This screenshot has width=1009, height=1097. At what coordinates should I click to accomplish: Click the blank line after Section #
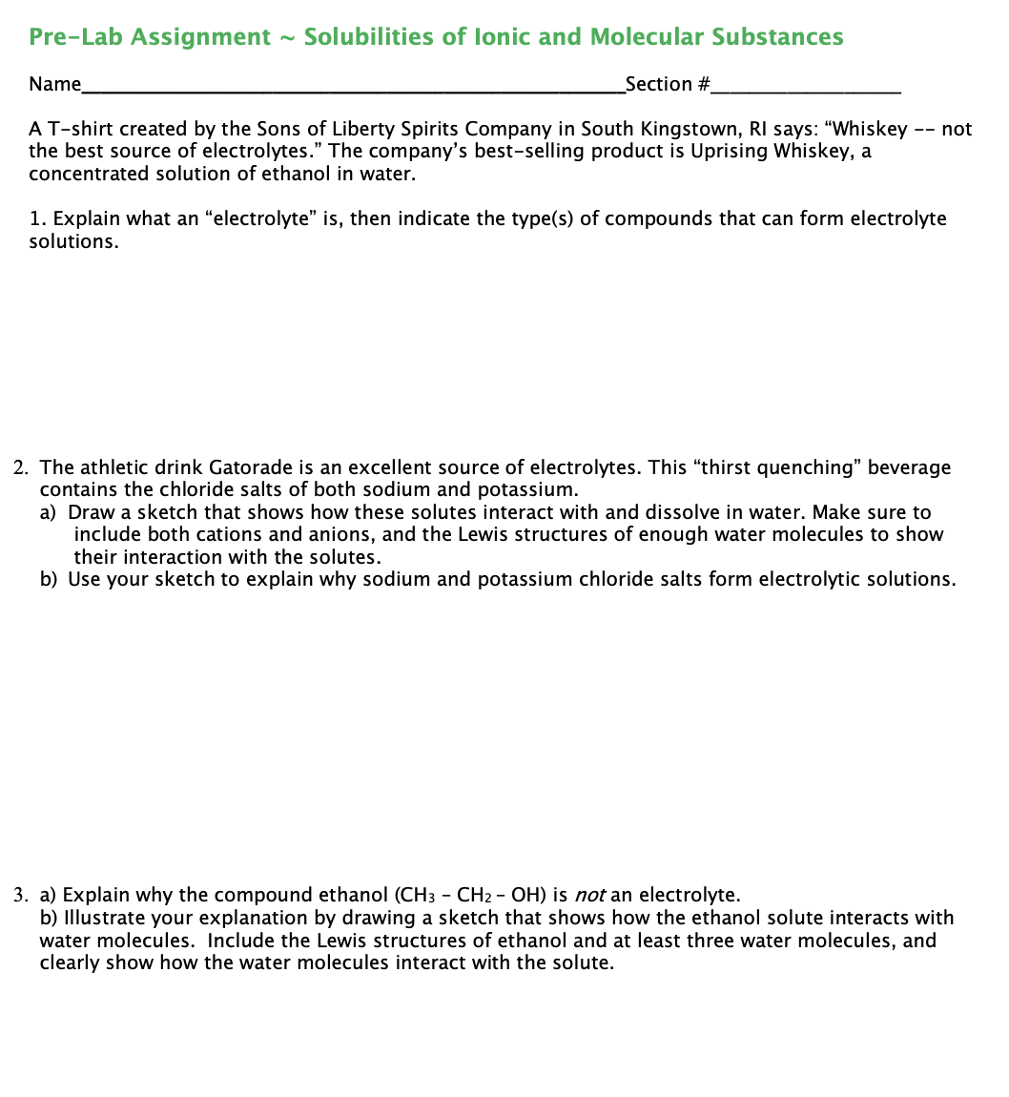pos(806,87)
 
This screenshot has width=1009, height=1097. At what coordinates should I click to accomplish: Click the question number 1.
pos(35,219)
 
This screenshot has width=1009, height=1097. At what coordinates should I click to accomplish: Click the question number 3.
pos(20,896)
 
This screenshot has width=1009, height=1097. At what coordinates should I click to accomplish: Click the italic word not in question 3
pos(589,896)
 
